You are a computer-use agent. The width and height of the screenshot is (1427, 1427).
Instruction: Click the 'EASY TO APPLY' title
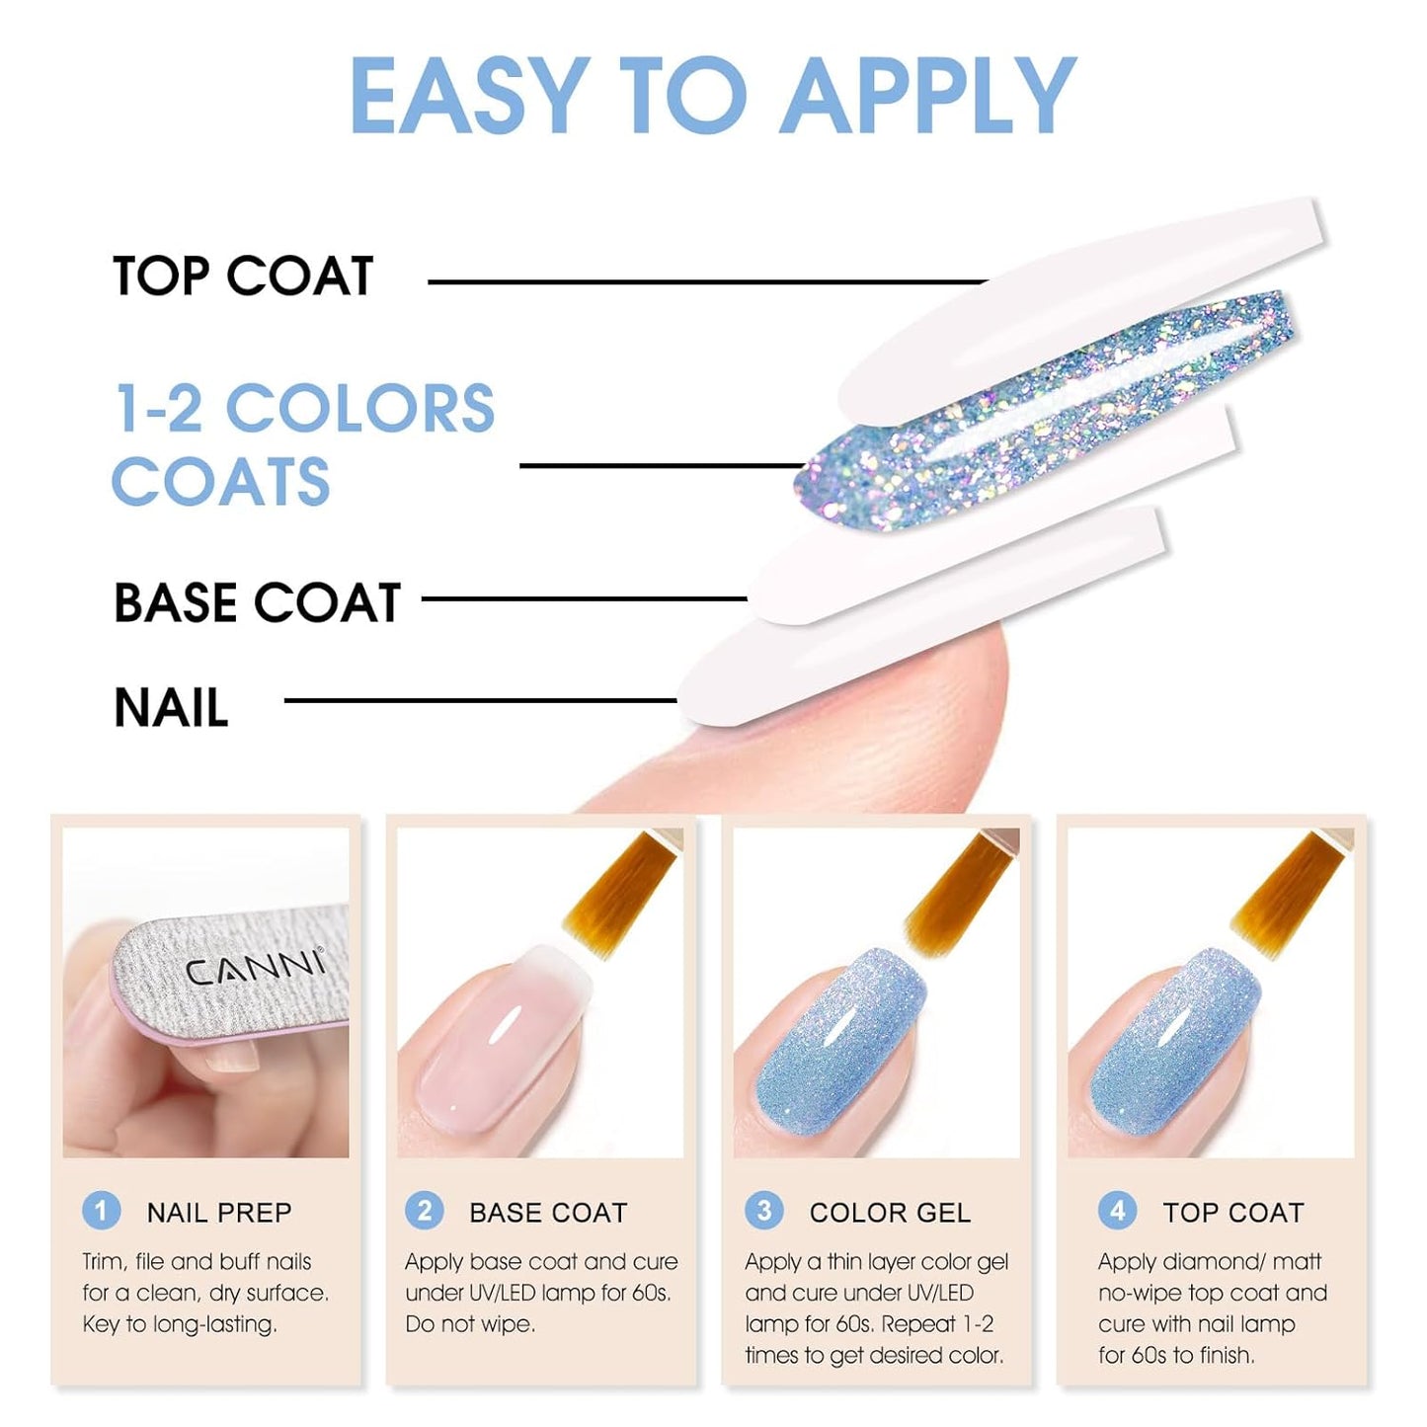click(712, 96)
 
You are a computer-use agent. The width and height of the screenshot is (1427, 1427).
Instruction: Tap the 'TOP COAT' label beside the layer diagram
click(243, 276)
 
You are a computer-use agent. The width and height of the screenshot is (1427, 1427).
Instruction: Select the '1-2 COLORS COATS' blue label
click(303, 444)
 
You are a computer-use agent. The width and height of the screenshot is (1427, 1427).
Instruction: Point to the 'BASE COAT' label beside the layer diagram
click(257, 602)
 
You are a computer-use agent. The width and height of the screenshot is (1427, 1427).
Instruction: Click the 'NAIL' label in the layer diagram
click(171, 708)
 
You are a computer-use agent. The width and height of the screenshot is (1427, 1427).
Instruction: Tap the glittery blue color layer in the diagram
click(1047, 415)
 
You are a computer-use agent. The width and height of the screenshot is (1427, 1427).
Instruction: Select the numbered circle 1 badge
click(101, 1211)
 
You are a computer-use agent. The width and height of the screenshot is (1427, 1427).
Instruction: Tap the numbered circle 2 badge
click(425, 1211)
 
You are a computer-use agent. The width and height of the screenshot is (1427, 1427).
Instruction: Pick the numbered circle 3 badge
click(763, 1211)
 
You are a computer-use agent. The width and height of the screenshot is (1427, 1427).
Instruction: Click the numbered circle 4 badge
click(1117, 1211)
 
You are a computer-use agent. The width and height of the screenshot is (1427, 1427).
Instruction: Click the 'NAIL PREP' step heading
click(219, 1213)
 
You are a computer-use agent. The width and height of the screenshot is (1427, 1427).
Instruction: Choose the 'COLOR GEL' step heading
click(890, 1213)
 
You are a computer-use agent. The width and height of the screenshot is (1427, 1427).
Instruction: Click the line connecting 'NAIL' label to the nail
click(480, 701)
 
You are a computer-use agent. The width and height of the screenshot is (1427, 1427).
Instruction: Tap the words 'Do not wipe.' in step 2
click(470, 1324)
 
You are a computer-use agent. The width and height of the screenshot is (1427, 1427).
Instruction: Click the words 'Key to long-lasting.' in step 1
click(180, 1324)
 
